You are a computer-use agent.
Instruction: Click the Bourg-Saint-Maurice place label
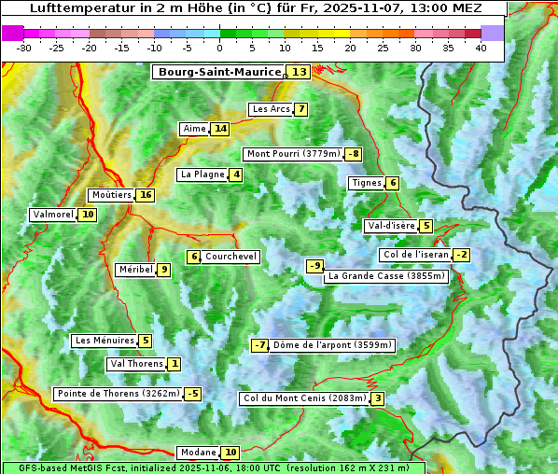(x=219, y=72)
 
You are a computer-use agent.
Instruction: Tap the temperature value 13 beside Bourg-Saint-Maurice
(x=299, y=72)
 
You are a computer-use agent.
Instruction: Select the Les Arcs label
(x=272, y=109)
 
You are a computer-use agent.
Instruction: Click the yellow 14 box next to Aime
(x=219, y=129)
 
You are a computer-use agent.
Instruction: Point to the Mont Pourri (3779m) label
(x=292, y=154)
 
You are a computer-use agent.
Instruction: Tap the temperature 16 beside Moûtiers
(x=145, y=195)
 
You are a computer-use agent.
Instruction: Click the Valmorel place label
(x=52, y=215)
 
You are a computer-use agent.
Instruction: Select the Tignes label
(x=367, y=183)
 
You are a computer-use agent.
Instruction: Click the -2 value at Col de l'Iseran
(x=461, y=255)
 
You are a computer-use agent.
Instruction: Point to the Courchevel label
(x=230, y=257)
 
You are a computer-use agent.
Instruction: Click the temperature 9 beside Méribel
(x=163, y=270)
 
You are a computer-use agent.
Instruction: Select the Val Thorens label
(x=137, y=364)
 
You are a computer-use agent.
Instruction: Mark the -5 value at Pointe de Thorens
(x=192, y=394)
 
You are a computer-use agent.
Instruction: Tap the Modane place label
(x=198, y=453)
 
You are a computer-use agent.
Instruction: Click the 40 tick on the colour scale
(x=481, y=48)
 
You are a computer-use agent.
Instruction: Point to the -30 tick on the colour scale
(x=24, y=48)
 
